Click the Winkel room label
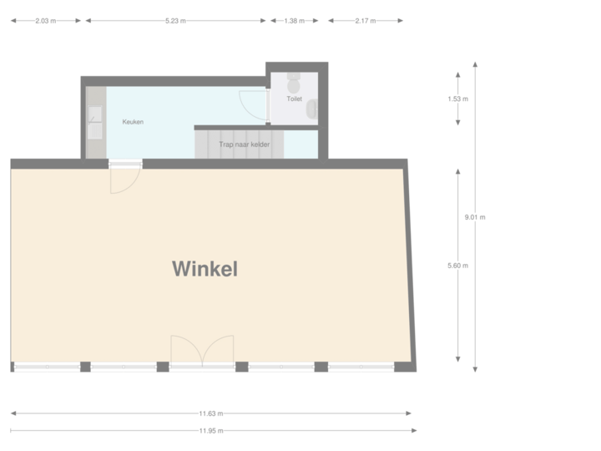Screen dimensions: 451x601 tap(205, 269)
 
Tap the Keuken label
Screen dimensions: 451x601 tap(133, 122)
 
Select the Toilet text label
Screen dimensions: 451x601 tap(294, 99)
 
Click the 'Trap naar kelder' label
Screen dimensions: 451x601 tap(245, 144)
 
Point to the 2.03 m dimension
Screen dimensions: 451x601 tap(47, 20)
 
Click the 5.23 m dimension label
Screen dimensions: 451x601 tap(175, 20)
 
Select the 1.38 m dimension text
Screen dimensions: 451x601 tap(295, 20)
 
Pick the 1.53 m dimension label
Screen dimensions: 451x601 tap(458, 99)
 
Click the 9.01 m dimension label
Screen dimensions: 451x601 tap(475, 216)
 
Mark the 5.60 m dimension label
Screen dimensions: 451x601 tap(458, 266)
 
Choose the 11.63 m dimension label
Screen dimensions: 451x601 tap(210, 413)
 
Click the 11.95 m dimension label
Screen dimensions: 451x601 tap(210, 431)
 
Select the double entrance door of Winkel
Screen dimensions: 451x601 tap(202, 351)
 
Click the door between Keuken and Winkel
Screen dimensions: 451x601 tap(125, 175)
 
